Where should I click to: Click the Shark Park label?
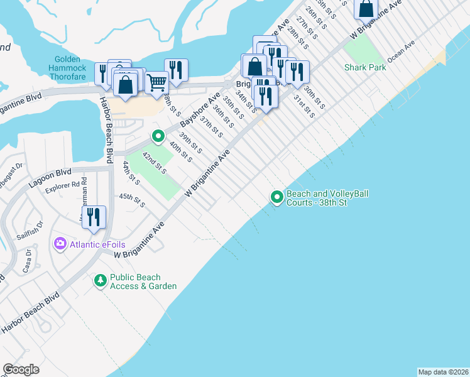(x=365, y=67)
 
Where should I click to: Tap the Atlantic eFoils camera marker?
(x=61, y=243)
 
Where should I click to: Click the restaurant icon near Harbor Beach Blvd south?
(x=94, y=217)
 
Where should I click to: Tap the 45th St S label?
(x=133, y=200)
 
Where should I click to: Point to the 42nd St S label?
(x=153, y=162)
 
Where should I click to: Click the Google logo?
(x=21, y=369)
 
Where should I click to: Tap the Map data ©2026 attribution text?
(x=443, y=371)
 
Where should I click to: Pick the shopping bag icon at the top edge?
(x=366, y=8)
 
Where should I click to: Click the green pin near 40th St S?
(x=158, y=136)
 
